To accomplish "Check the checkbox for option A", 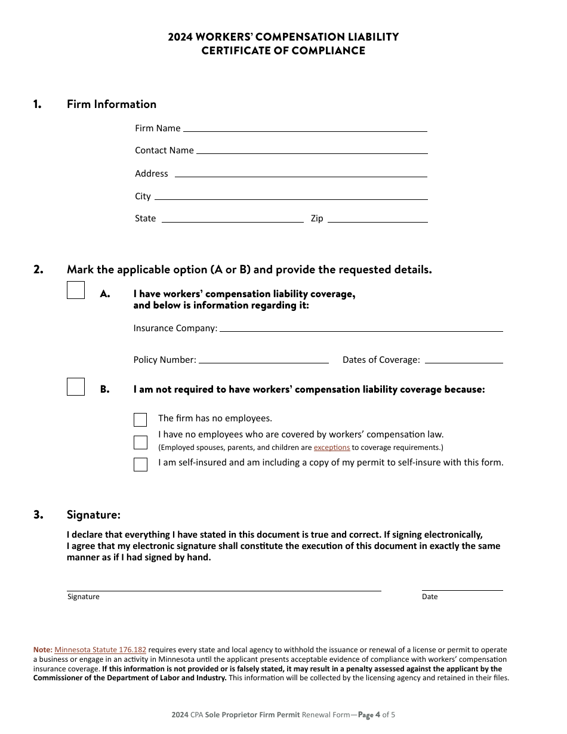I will pos(76,290).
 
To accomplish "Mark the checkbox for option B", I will pos(76,387).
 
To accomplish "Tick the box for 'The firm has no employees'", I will pos(140,420).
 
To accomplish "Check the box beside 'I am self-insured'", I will pos(140,464).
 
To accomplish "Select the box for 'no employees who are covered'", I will pos(140,442).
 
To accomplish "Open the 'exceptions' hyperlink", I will pos(332,448).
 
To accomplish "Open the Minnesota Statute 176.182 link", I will pos(100,650).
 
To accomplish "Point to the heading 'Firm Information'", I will pos(112,104).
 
